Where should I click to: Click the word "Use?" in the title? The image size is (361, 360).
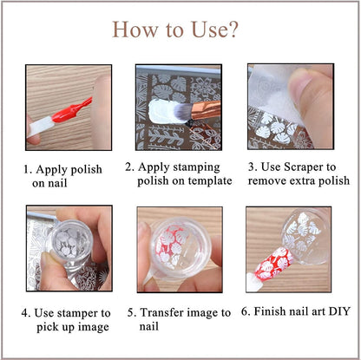[x=214, y=29]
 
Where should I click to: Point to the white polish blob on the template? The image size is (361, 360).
[x=163, y=111]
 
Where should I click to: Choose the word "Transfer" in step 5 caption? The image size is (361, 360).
[x=161, y=312]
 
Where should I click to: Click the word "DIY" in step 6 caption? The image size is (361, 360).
[x=339, y=311]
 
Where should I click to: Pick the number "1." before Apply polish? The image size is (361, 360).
[x=28, y=169]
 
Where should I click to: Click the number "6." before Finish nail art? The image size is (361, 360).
[x=246, y=311]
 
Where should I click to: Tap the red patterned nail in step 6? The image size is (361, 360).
[x=274, y=265]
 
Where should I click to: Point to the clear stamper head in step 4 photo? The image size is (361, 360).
[x=71, y=240]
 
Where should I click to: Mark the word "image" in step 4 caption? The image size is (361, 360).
[x=94, y=327]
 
